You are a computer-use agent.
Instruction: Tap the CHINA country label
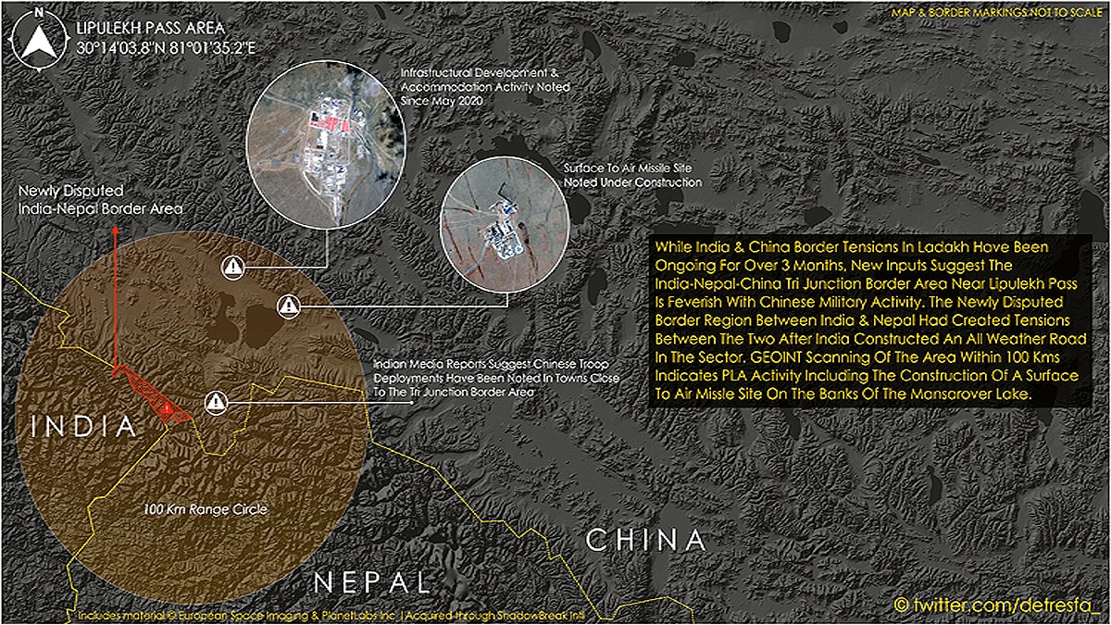pos(646,540)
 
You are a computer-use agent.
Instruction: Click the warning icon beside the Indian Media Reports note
pos(216,402)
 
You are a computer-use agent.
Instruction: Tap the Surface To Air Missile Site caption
pos(632,176)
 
